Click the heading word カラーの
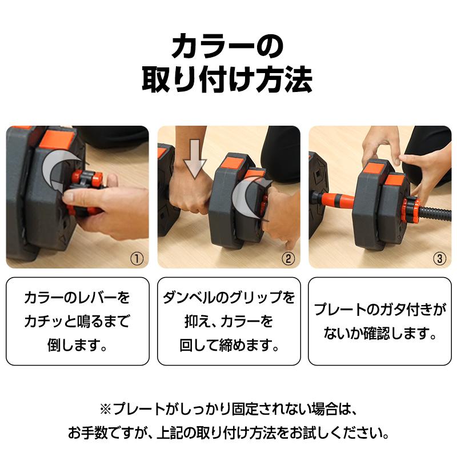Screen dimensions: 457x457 point(228,46)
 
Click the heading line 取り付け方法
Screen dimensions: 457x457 point(228,81)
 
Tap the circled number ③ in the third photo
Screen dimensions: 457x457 point(439,258)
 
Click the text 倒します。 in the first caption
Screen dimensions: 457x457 point(77,345)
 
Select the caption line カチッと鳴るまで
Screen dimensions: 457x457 point(77,322)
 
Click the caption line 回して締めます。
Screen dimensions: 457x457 point(228,345)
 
